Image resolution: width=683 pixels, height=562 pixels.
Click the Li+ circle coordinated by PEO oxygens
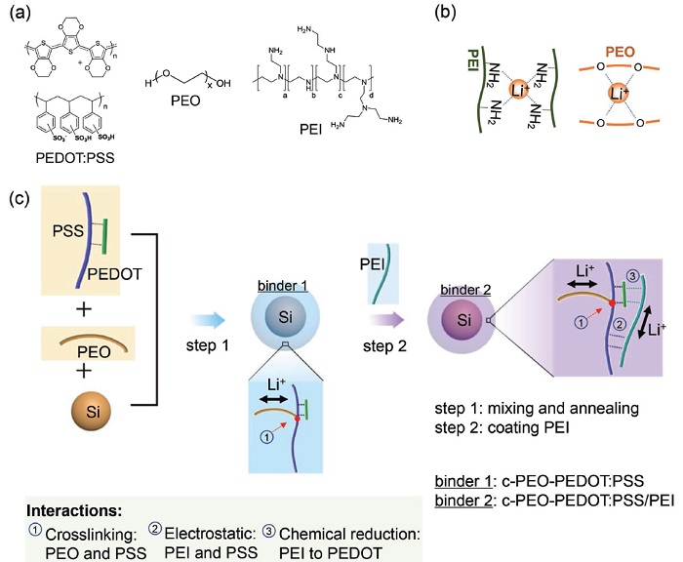(612, 95)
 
